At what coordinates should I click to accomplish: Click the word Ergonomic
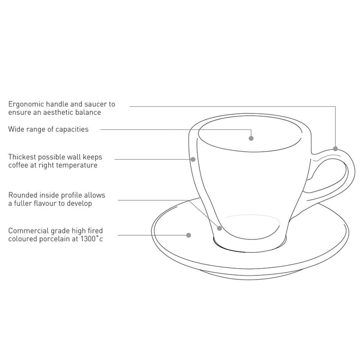pos(26,105)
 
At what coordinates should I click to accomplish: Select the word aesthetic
pos(59,112)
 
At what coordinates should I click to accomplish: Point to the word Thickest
pos(22,157)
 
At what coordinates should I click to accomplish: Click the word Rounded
pos(23,195)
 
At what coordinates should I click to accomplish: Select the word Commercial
pos(28,231)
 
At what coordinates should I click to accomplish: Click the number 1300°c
pos(91,239)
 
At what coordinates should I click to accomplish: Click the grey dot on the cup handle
pos(335,149)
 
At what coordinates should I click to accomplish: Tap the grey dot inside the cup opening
pos(251,138)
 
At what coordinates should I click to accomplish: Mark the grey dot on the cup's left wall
pos(193,159)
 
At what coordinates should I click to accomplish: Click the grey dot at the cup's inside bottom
pos(219,228)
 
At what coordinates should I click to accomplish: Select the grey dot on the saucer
pos(189,235)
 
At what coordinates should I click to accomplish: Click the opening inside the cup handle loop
pos(328,175)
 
